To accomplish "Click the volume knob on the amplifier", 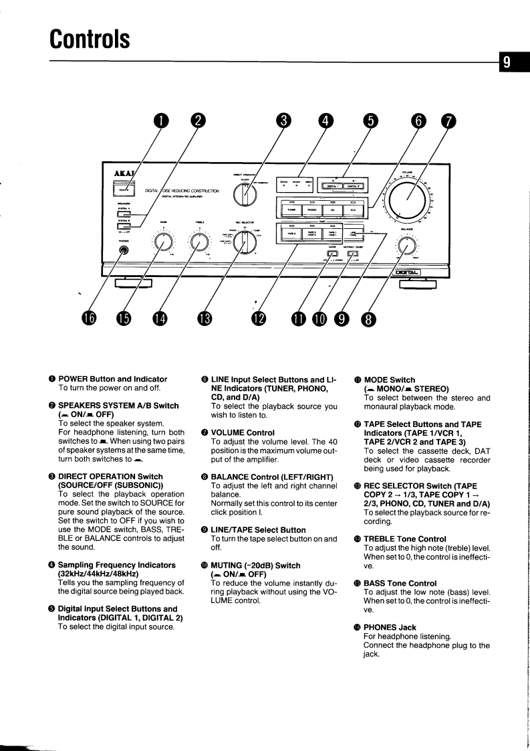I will (x=405, y=201).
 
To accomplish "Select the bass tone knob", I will (x=162, y=243).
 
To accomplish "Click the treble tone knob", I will (x=198, y=243).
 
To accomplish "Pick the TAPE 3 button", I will (x=291, y=234).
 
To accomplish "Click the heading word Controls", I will (x=89, y=37).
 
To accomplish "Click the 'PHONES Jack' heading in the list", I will (x=390, y=627).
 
